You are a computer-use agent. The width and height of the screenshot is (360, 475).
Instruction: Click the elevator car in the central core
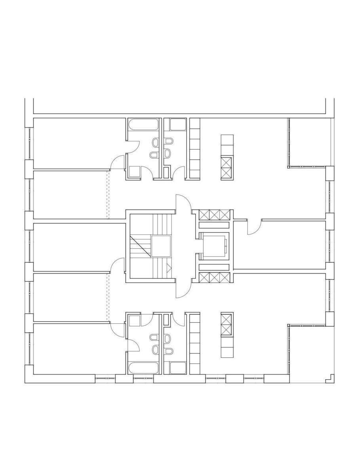(x=214, y=246)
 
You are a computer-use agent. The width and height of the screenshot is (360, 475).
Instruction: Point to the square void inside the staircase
(x=161, y=246)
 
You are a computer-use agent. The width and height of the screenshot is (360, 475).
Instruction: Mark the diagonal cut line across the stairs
(x=141, y=246)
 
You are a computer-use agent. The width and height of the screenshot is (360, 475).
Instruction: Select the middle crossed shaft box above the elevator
(x=214, y=215)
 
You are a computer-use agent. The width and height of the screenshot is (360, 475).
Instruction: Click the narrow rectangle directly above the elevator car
(x=214, y=225)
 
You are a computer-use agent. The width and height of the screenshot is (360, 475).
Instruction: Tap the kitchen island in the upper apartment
(x=227, y=157)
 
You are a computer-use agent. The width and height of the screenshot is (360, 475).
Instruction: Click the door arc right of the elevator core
(x=253, y=228)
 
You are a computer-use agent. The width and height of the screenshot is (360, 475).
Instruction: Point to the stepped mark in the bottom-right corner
(x=328, y=379)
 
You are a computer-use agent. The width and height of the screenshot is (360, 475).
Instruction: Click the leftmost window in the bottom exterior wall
(x=105, y=379)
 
